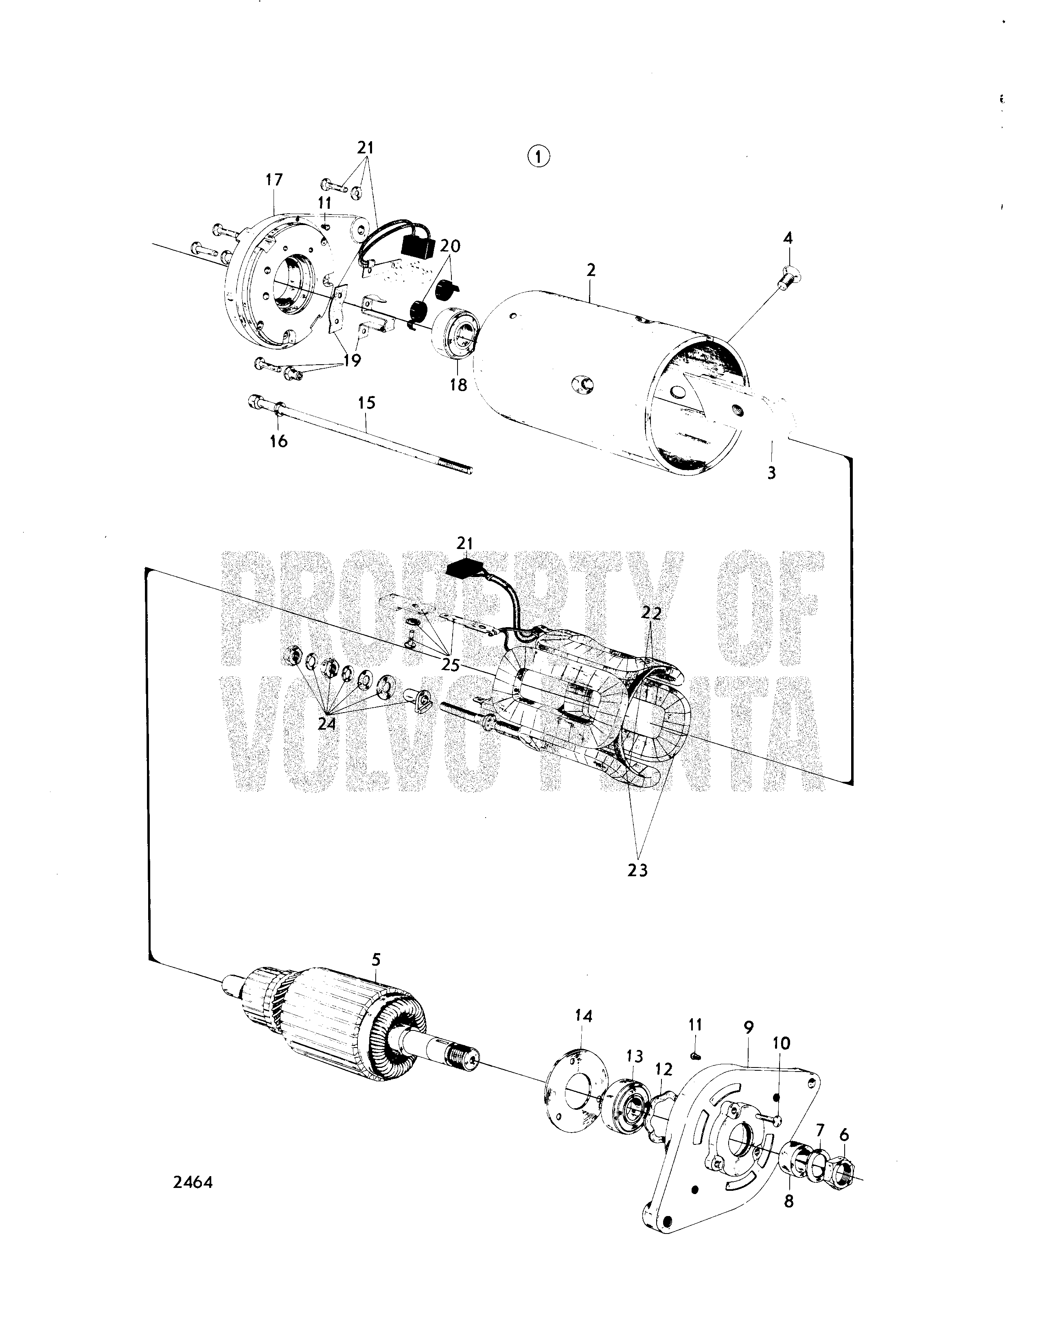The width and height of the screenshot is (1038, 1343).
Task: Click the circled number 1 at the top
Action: pos(539,157)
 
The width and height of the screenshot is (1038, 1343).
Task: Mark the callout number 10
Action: pos(782,1043)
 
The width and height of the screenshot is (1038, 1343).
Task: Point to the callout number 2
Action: pos(591,270)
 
